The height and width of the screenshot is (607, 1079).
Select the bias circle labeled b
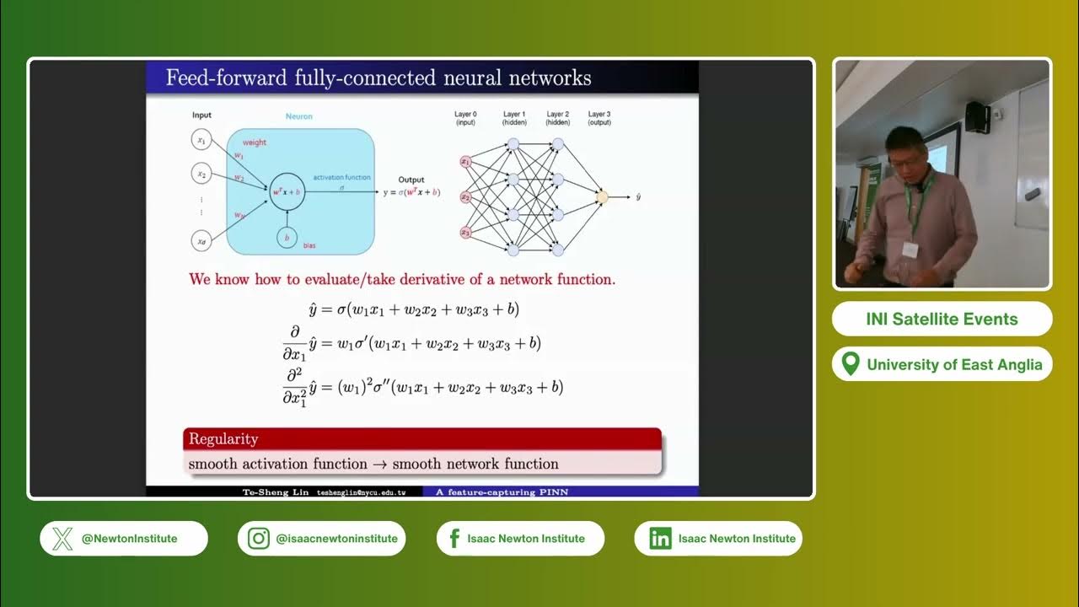pos(287,239)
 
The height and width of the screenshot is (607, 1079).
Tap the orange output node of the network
pos(601,197)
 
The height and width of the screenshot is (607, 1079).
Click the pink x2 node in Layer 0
pos(464,197)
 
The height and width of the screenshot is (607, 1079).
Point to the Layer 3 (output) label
pos(599,118)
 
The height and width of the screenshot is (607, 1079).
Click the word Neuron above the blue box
pos(298,116)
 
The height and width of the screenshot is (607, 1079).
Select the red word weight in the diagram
pos(254,142)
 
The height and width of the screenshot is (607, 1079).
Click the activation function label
pos(341,178)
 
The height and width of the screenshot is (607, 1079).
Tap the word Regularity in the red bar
pos(223,439)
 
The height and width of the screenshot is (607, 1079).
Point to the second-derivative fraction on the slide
pos(294,387)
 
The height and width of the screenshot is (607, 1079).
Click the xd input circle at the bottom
pos(201,241)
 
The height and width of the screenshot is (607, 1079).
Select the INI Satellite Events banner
pos(942,320)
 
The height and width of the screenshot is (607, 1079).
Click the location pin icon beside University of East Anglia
pos(851,364)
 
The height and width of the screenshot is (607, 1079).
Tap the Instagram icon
pos(259,539)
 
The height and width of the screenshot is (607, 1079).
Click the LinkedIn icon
pos(659,539)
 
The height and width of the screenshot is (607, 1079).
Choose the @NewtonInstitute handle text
pos(129,539)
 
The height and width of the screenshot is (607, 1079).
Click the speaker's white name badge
pos(910,250)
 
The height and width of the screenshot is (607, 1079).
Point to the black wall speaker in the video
pos(976,116)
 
